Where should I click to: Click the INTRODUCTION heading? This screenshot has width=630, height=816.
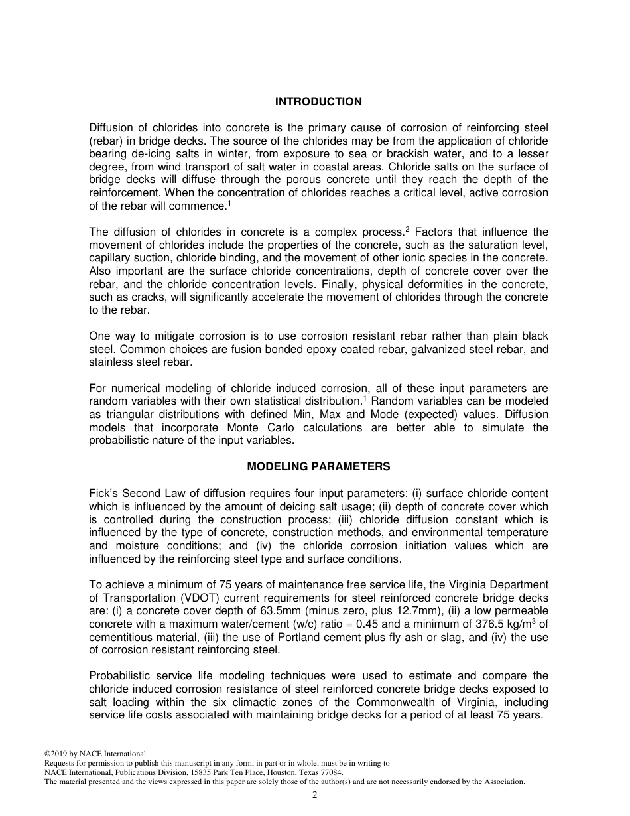[x=318, y=102]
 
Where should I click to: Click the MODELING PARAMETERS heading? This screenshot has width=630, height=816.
[x=318, y=466]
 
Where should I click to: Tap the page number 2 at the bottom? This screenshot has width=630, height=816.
[x=315, y=795]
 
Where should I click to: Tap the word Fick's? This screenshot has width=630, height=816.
[x=103, y=494]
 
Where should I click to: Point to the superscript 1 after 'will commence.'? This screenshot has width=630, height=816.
[x=229, y=203]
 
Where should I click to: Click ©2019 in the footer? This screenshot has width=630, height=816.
[x=56, y=754]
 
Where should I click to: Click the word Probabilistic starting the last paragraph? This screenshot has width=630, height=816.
[x=121, y=676]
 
